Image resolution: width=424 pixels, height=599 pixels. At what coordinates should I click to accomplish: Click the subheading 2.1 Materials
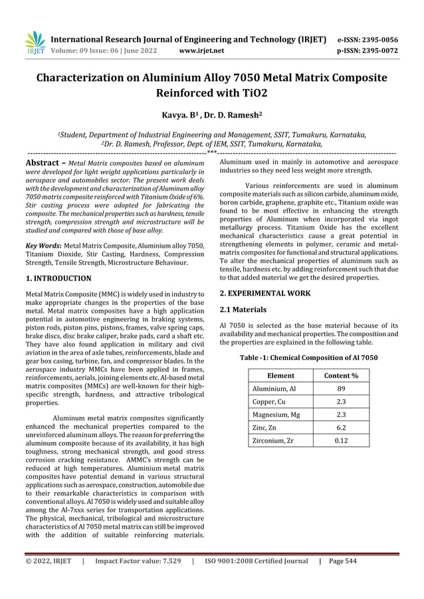click(243, 309)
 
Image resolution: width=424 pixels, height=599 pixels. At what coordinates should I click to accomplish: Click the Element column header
click(280, 375)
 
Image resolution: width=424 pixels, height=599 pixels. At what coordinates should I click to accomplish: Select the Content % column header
click(340, 375)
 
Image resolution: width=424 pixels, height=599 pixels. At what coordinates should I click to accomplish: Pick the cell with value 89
click(340, 388)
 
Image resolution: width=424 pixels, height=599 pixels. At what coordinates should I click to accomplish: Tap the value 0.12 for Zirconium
click(340, 440)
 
